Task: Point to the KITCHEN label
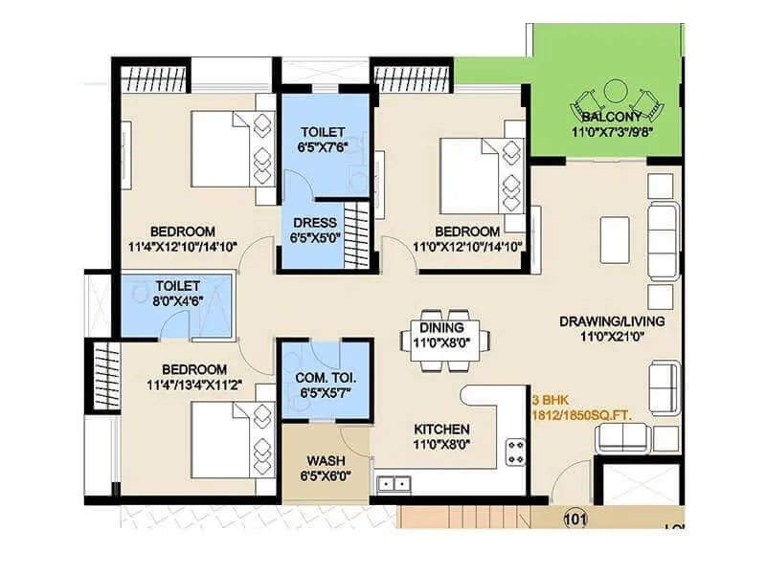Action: pyautogui.click(x=441, y=429)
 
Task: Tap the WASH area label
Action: pyautogui.click(x=326, y=460)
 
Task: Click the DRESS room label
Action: pyautogui.click(x=314, y=223)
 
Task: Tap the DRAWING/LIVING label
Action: pyautogui.click(x=612, y=321)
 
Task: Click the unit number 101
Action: pyautogui.click(x=574, y=519)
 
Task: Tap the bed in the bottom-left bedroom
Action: pyautogui.click(x=223, y=435)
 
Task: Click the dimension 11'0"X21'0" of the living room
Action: pyautogui.click(x=612, y=337)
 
